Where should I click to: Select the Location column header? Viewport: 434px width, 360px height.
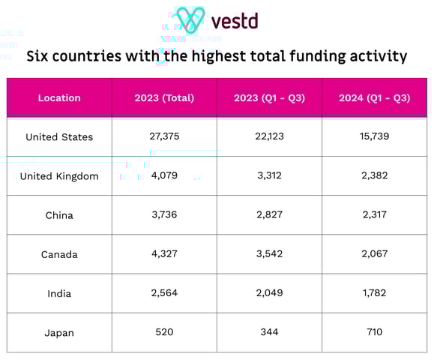(59, 97)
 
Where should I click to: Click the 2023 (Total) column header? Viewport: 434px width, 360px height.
(164, 97)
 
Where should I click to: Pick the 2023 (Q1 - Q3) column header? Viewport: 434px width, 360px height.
(269, 97)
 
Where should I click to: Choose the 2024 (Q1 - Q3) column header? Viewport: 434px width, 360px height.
(374, 97)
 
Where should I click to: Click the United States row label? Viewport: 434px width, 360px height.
(59, 137)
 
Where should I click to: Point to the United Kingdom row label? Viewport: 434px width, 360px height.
(59, 176)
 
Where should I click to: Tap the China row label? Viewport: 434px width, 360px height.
(59, 215)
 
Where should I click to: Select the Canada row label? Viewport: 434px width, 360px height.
(59, 254)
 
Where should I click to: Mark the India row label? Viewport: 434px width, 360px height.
(59, 293)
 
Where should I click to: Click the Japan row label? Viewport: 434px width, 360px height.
(59, 332)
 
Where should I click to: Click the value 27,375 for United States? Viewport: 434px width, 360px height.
(164, 137)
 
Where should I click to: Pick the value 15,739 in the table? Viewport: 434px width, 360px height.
(374, 137)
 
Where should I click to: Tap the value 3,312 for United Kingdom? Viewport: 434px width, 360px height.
(269, 176)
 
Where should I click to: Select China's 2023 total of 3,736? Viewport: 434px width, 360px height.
(164, 215)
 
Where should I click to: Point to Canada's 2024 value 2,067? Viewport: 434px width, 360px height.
(374, 254)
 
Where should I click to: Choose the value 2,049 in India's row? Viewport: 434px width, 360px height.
(269, 293)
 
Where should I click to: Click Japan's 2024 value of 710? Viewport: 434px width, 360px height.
(374, 332)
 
